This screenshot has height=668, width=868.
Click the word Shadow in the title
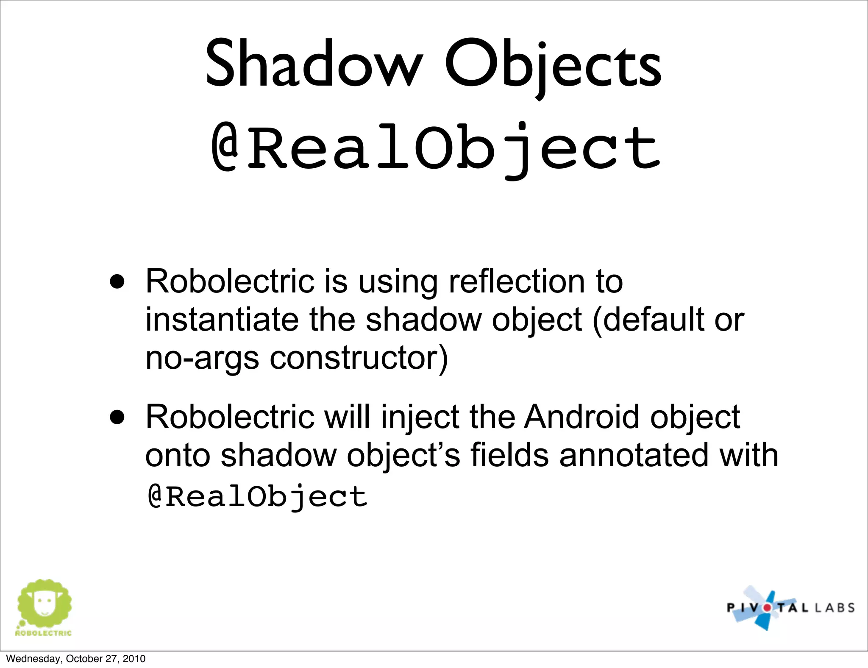tap(314, 64)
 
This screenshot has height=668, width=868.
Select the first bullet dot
tap(117, 281)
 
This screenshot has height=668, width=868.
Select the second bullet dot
tap(117, 417)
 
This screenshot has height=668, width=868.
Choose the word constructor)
tap(359, 358)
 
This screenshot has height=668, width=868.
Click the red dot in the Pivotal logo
tap(767, 607)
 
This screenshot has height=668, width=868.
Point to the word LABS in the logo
tap(831, 608)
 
